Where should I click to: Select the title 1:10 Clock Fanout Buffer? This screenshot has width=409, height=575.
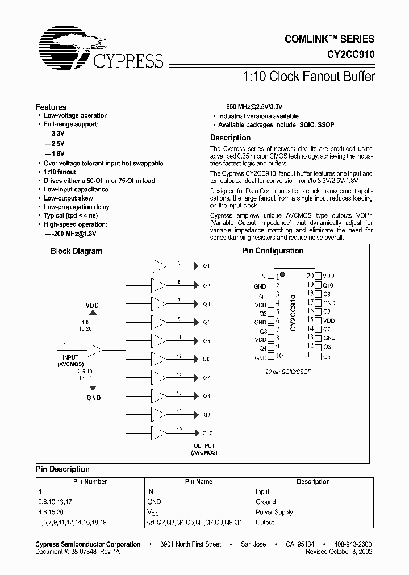click(x=308, y=76)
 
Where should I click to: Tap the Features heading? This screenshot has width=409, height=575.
click(x=51, y=107)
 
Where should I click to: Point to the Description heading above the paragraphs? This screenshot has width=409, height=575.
click(x=230, y=137)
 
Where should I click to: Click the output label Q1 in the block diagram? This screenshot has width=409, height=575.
click(x=206, y=266)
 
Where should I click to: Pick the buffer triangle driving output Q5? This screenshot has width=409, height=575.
click(x=160, y=340)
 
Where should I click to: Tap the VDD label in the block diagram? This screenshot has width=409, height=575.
click(x=93, y=305)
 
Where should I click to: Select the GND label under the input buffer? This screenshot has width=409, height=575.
click(x=93, y=398)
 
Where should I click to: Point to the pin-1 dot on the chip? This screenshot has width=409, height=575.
click(x=282, y=274)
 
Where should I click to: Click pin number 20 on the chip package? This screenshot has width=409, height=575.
click(x=310, y=275)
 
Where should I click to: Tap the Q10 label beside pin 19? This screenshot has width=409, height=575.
click(x=328, y=285)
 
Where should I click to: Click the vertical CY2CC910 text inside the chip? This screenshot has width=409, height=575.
click(x=293, y=313)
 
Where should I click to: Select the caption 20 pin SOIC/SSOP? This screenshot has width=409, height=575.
click(x=289, y=371)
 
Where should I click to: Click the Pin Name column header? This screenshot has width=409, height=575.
click(x=199, y=482)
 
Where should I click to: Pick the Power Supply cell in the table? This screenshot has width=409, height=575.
click(x=274, y=512)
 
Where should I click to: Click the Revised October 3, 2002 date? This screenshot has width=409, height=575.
click(x=340, y=552)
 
